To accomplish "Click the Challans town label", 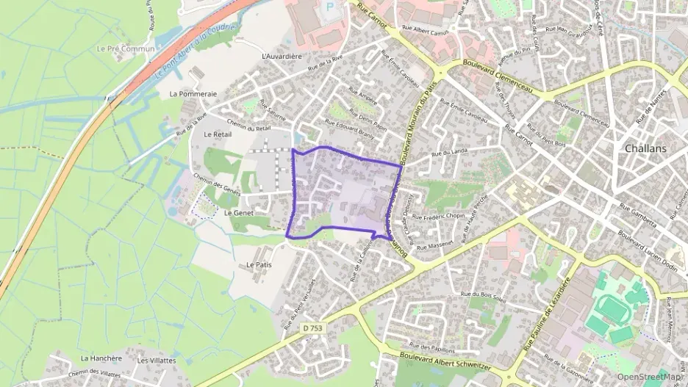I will tap(645, 148).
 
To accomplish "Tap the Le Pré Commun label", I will tap(126, 48).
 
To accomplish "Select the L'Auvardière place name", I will tap(282, 56).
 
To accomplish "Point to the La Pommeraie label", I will tap(193, 94).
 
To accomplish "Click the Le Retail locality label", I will tap(218, 134).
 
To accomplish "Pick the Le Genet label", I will tap(238, 212).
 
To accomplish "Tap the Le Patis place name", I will tap(259, 264).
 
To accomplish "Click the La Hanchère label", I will tap(101, 358).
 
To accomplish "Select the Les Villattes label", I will tap(157, 361).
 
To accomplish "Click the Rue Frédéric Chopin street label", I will tap(439, 217).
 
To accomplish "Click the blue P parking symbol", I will tap(329, 6).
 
